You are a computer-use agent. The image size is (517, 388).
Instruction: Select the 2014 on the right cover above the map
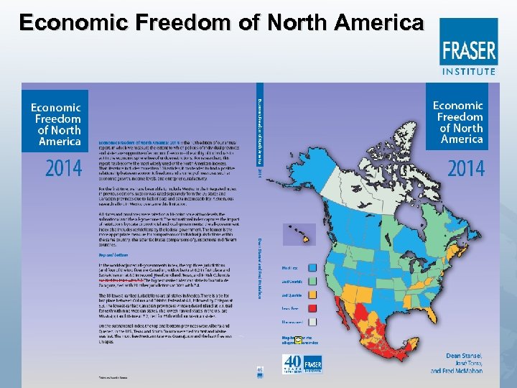(x=465, y=169)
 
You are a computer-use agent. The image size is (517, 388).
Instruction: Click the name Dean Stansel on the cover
(x=455, y=354)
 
